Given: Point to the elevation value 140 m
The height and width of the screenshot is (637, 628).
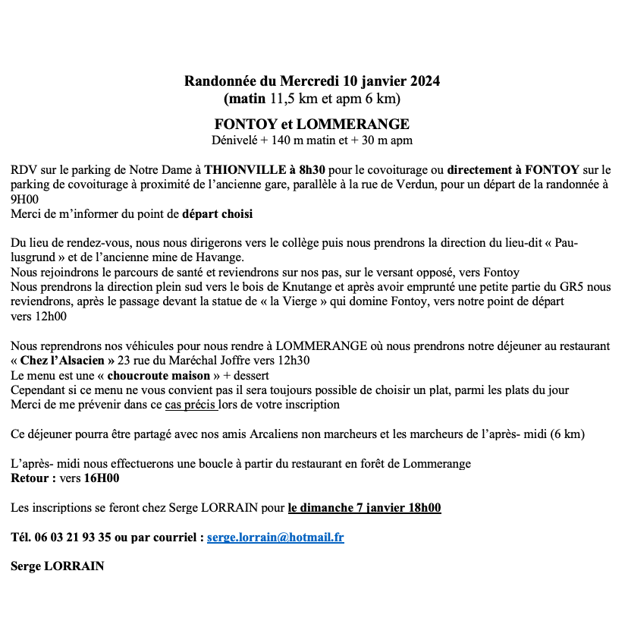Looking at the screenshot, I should (x=300, y=140).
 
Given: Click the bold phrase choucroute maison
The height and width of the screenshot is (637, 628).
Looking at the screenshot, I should (x=159, y=375).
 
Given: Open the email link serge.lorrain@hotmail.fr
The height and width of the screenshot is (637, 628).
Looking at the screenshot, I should (x=275, y=538).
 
